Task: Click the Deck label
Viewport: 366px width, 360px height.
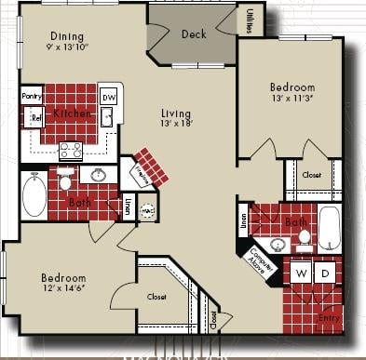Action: (x=194, y=34)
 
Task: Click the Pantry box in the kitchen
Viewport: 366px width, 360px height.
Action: (x=33, y=95)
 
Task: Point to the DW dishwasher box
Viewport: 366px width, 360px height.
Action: (x=108, y=97)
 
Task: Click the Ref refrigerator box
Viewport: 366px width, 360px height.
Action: (x=36, y=118)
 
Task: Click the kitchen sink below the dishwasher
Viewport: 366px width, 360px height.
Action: (x=108, y=117)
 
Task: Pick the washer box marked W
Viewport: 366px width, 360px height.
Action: (x=302, y=273)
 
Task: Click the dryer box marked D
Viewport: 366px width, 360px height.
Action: (x=326, y=273)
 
